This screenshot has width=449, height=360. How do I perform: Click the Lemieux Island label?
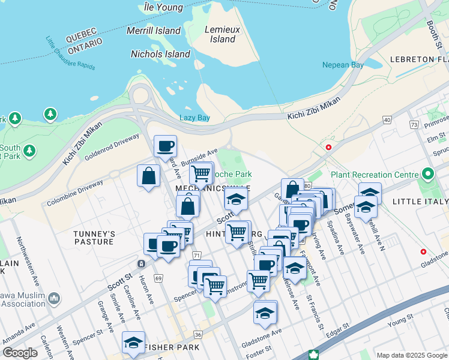point(222,34)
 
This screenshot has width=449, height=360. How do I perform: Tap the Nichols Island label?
point(160,54)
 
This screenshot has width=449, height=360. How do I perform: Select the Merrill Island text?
point(154,31)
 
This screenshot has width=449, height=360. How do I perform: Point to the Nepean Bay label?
point(343,65)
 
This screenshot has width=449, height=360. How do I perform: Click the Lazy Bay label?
point(194,118)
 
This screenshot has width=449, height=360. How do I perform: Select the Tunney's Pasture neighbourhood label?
point(93,238)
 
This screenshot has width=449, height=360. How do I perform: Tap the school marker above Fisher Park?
point(133,342)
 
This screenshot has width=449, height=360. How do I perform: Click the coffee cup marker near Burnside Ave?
point(165,146)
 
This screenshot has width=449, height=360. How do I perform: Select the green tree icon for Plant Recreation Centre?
point(427,175)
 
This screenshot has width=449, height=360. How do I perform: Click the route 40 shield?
point(387,120)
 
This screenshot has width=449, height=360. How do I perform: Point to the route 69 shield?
point(158,278)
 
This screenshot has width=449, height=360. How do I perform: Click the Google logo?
point(20,353)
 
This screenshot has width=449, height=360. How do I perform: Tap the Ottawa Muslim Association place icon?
point(54,298)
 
